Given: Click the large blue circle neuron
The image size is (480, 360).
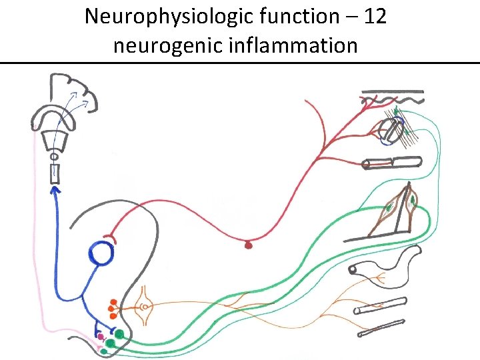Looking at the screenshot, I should click(x=101, y=254).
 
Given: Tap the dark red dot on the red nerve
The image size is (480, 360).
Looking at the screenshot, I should click(x=249, y=245).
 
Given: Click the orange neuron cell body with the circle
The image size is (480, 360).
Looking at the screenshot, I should click(x=145, y=307).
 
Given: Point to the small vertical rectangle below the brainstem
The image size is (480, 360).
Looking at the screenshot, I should click(x=54, y=173).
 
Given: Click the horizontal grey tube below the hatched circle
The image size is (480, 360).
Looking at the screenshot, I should click(x=392, y=162).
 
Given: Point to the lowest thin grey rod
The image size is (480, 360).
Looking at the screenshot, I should click(x=381, y=328).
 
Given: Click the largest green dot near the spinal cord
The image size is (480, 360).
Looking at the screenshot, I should click(x=119, y=334).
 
